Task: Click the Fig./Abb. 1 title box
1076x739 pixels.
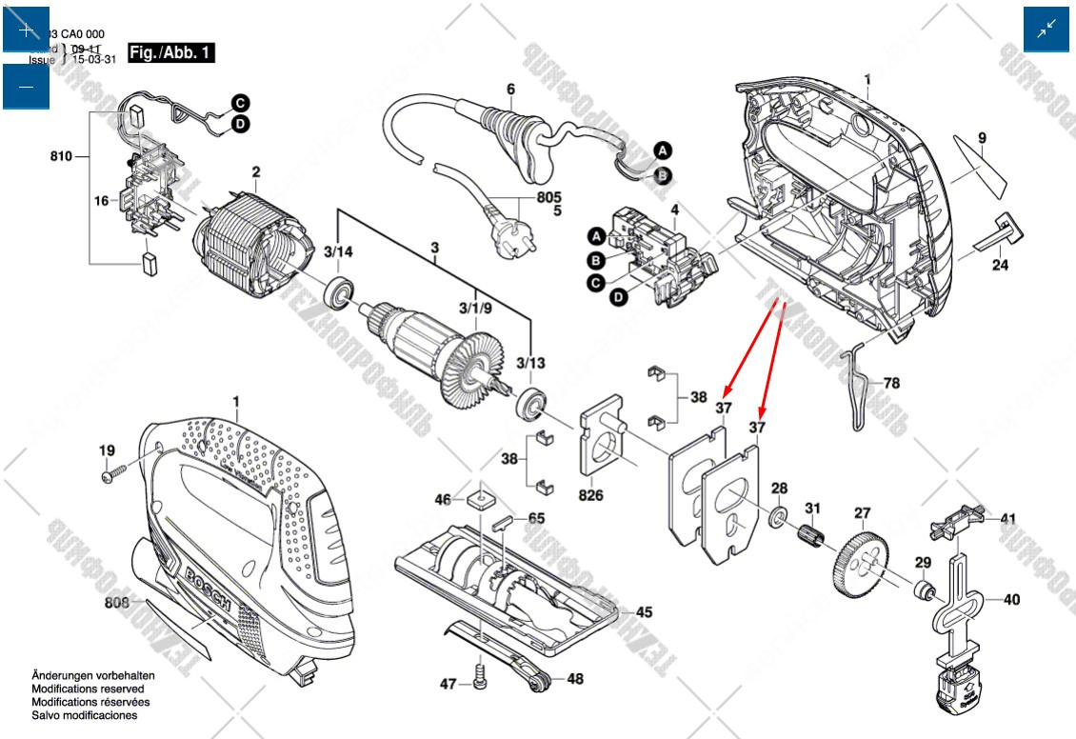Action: [171, 52]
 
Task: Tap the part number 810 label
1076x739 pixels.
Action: [62, 155]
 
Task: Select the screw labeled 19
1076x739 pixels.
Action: [117, 470]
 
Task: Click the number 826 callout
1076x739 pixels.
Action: [590, 496]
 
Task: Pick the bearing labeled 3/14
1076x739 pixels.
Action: [338, 292]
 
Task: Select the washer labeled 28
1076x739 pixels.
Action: [777, 520]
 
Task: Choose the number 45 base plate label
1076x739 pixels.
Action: [645, 612]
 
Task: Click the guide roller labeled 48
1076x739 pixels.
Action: [543, 679]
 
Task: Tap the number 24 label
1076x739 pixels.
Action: [999, 266]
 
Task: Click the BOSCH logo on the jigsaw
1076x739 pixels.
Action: [209, 587]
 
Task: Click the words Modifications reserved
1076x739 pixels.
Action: [88, 689]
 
